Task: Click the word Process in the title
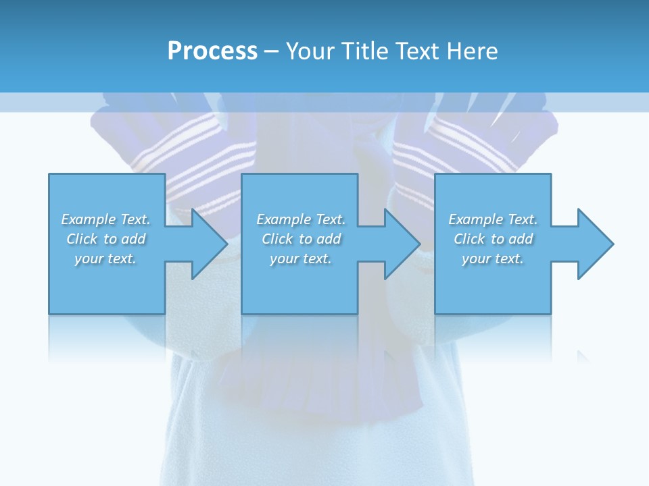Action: [x=212, y=51]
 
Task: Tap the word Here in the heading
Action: [x=472, y=51]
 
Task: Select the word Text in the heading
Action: [x=418, y=51]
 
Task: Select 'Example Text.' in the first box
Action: [x=105, y=219]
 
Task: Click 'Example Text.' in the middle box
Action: [x=301, y=219]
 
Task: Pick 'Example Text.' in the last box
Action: [x=493, y=219]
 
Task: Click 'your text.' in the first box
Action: [x=105, y=259]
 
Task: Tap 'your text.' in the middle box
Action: [x=301, y=259]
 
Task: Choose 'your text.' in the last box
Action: [x=493, y=259]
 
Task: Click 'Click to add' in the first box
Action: [x=106, y=239]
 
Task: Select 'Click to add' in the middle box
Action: [x=302, y=239]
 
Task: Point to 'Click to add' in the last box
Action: [x=494, y=239]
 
